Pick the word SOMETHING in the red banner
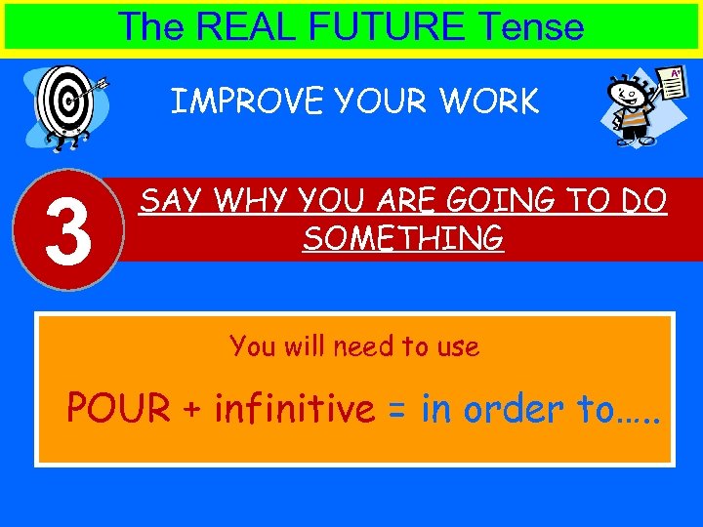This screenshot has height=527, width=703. pyautogui.click(x=402, y=237)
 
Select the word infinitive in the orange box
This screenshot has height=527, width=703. pyautogui.click(x=294, y=409)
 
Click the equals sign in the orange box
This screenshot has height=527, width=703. pyautogui.click(x=396, y=410)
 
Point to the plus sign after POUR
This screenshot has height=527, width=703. pyautogui.click(x=191, y=410)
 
